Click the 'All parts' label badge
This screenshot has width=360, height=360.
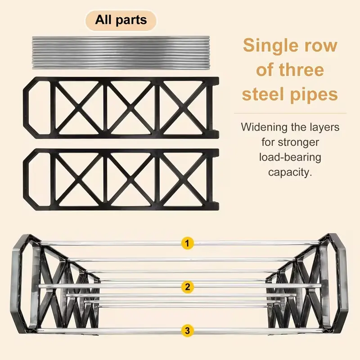[121, 20]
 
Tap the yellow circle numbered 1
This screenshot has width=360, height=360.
[187, 243]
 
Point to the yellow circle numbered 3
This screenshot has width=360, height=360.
[187, 330]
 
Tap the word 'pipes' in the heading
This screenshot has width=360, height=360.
[315, 94]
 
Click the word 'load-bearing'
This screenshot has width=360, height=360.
[290, 157]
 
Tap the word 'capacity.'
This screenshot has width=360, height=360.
[290, 172]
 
